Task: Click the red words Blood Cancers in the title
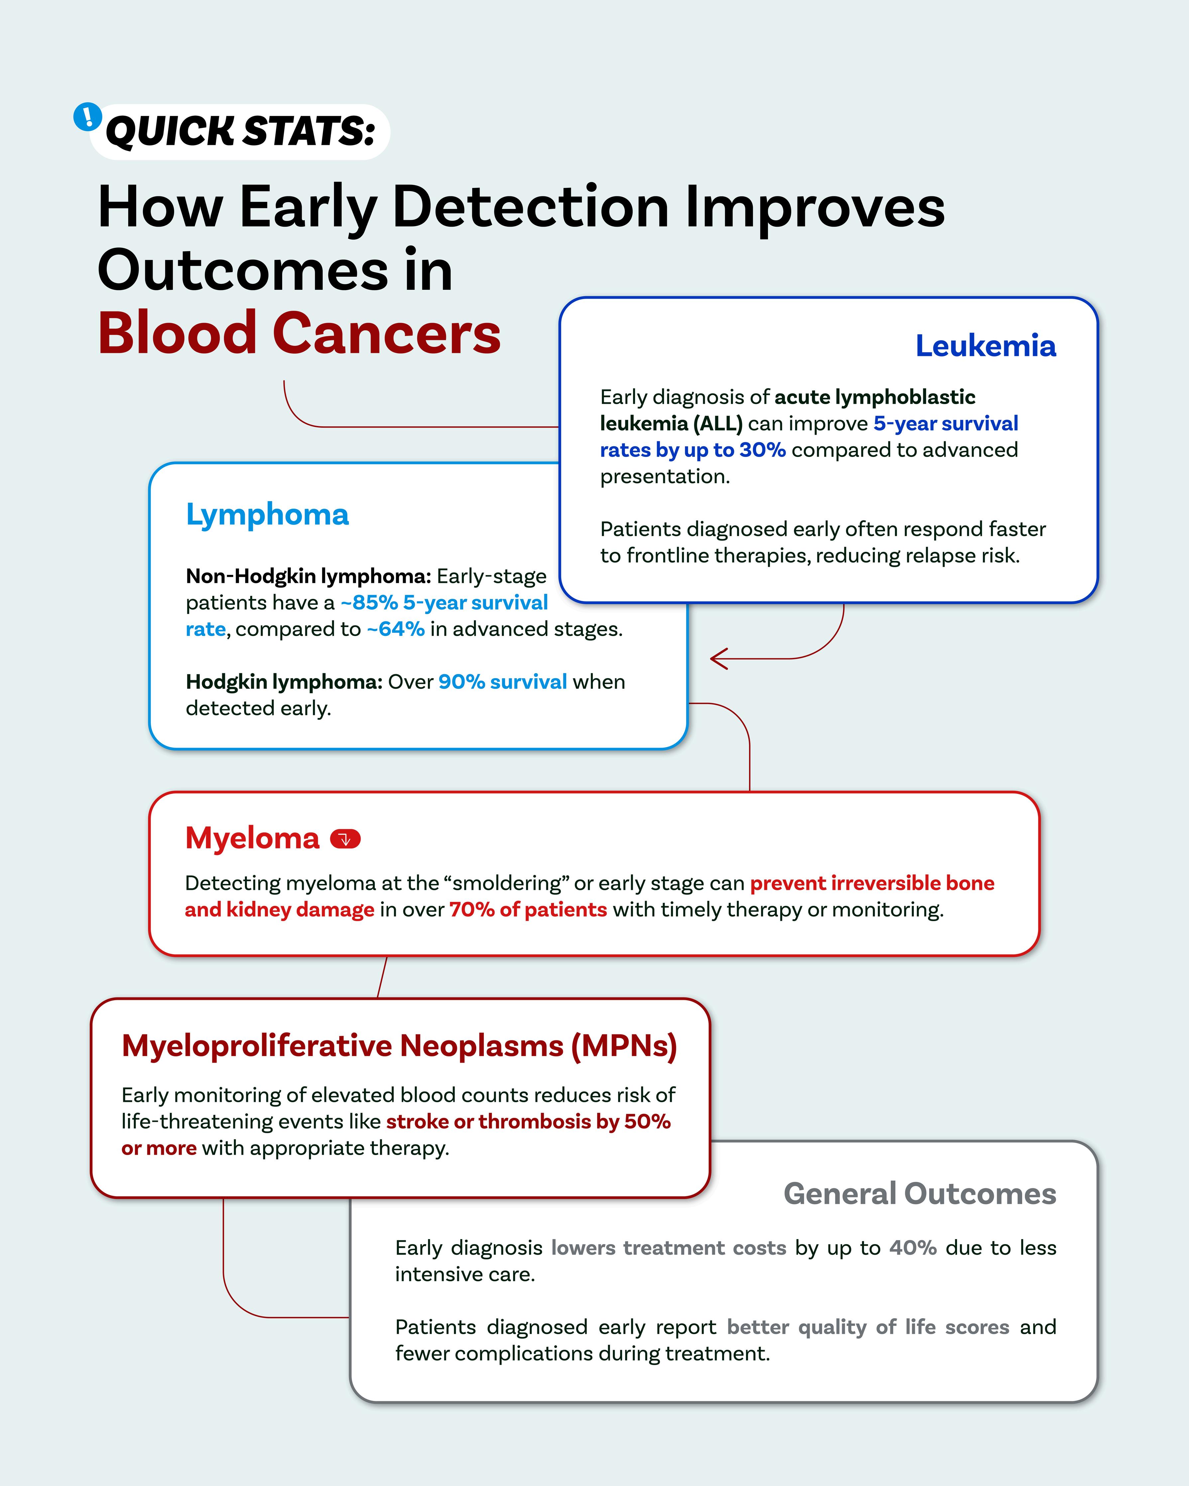coord(299,334)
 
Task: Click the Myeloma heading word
coord(252,838)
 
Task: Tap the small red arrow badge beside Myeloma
coord(345,839)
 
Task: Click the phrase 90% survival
coord(502,682)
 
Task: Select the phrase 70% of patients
coord(528,910)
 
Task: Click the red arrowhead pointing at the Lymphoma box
coord(719,659)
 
